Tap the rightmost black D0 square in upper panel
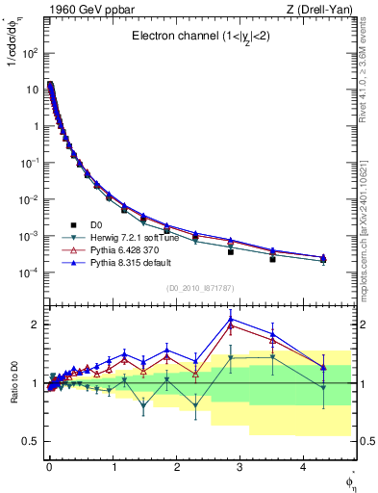273,259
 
